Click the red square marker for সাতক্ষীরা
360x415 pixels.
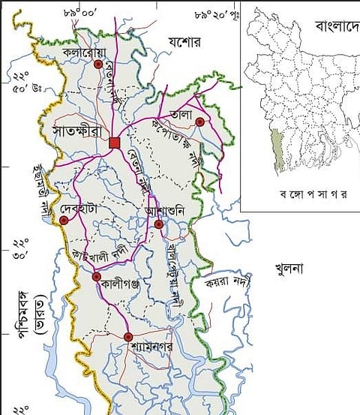point(114,143)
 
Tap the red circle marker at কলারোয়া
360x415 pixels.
point(97,65)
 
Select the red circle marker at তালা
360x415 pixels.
point(199,121)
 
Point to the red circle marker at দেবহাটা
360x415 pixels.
point(64,221)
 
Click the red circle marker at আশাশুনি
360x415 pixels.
point(158,223)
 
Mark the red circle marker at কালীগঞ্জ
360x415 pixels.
point(97,277)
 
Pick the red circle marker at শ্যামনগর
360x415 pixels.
point(128,336)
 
